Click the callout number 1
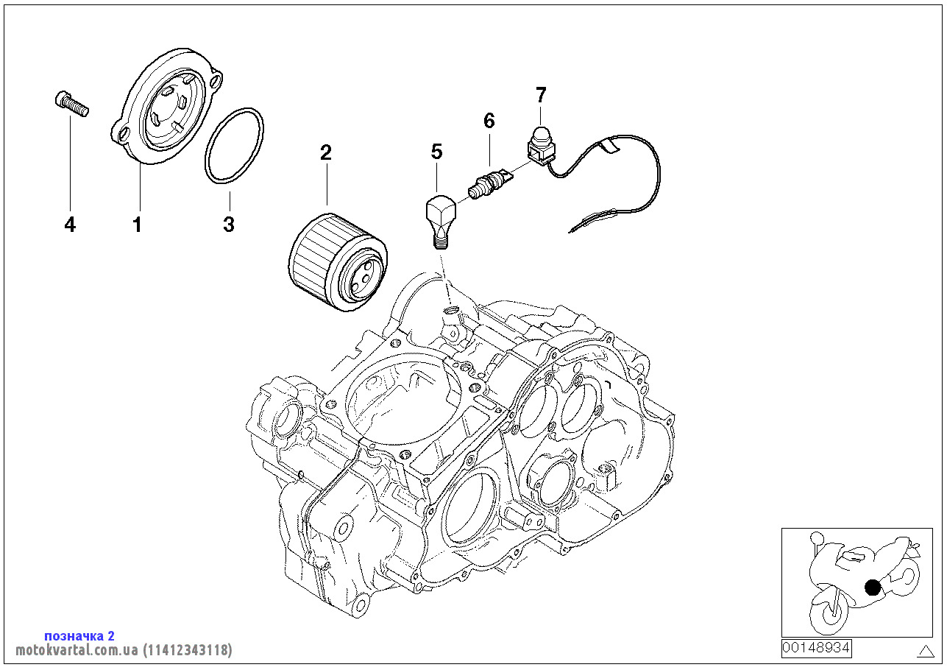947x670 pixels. [x=137, y=225]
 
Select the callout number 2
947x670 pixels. [x=325, y=152]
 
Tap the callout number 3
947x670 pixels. [x=229, y=225]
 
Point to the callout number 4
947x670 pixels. [x=70, y=225]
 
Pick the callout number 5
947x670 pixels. [x=437, y=152]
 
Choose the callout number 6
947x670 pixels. [x=489, y=120]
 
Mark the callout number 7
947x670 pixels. [x=541, y=94]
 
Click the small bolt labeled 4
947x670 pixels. [x=71, y=104]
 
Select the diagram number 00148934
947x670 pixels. [x=816, y=648]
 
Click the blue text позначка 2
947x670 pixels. [x=79, y=635]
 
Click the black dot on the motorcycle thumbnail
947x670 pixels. [x=873, y=587]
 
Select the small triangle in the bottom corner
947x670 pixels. [x=926, y=650]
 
